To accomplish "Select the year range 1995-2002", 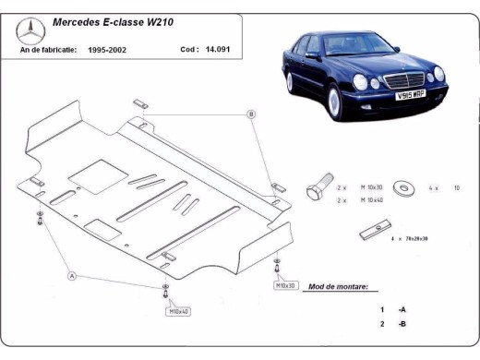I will coord(108,49).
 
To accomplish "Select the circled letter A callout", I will coord(70,275).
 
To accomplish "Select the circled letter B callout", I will coord(250,114).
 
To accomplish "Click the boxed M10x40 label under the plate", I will coord(179,312).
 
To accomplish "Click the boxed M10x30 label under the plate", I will coord(285,286).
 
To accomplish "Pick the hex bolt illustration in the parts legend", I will coord(315,188).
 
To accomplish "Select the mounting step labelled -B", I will coord(402,325).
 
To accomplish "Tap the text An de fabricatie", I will coord(47,49).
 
